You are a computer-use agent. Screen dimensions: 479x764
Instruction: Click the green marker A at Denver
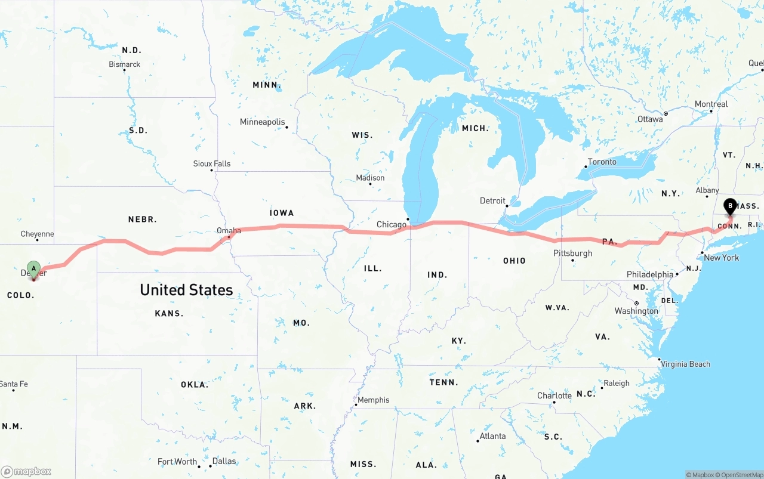tap(34, 268)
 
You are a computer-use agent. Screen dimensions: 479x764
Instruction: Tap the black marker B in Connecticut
tap(729, 207)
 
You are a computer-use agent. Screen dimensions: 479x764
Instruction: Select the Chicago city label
tap(391, 225)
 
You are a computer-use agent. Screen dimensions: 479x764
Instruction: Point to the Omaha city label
tap(229, 231)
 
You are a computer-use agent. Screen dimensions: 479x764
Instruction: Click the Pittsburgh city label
tap(572, 253)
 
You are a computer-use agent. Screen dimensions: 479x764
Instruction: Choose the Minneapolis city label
tap(263, 122)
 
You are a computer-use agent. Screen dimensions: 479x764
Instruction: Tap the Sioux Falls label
tap(211, 163)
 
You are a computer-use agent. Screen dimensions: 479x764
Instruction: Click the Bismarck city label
tap(124, 64)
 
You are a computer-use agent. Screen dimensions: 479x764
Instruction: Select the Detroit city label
tap(492, 201)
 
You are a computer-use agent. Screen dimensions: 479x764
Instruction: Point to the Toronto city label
tap(602, 162)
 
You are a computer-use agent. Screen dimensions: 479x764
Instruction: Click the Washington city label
tap(636, 311)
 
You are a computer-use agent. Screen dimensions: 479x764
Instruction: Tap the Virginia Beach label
tap(685, 364)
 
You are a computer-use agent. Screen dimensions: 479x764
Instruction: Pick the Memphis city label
tap(373, 400)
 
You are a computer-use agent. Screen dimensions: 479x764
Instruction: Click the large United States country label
tap(186, 290)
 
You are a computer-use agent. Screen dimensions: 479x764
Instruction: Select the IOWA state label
tap(282, 213)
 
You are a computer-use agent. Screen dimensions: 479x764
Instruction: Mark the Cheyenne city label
tap(37, 234)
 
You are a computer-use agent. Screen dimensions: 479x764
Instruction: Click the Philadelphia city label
tap(650, 274)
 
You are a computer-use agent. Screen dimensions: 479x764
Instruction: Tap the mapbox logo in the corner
tap(26, 471)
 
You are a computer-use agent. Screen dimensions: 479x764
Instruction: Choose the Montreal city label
tap(711, 104)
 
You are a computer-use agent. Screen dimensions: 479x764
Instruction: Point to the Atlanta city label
tap(492, 436)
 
